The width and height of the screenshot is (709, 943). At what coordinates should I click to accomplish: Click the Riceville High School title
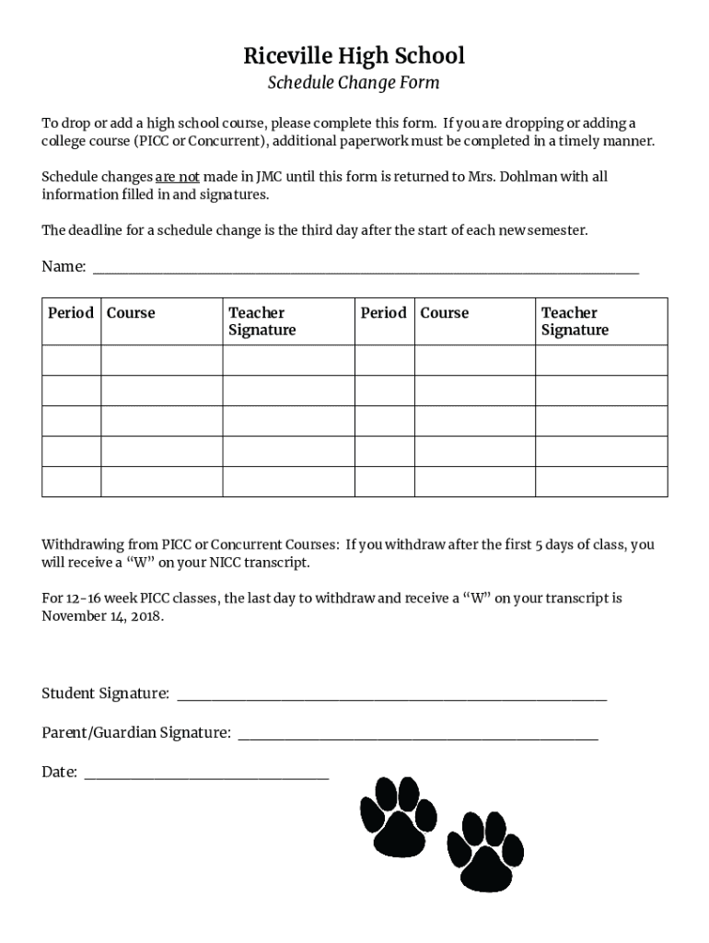(354, 56)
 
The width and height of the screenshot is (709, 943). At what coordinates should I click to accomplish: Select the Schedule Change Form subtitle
(354, 83)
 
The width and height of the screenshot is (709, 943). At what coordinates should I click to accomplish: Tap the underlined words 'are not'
(177, 177)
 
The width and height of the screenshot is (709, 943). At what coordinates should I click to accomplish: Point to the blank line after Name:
(366, 267)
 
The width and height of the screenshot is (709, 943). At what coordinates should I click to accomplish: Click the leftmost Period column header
(71, 313)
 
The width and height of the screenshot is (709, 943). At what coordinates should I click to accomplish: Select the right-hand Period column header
(384, 313)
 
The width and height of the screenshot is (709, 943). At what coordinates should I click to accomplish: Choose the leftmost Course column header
(131, 313)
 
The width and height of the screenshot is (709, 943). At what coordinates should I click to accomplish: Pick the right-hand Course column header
(445, 313)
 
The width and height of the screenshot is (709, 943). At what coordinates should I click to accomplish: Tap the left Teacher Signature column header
(262, 321)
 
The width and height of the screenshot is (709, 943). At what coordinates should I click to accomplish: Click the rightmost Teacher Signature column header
(575, 321)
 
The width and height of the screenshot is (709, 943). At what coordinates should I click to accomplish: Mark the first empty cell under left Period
(71, 360)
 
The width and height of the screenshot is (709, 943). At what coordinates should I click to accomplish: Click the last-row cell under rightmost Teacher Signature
(601, 482)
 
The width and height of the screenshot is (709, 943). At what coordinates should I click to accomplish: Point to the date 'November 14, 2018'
(102, 616)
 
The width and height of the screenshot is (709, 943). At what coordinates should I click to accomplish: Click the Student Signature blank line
(391, 694)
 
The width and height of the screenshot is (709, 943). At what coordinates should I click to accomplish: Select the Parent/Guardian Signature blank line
(418, 734)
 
